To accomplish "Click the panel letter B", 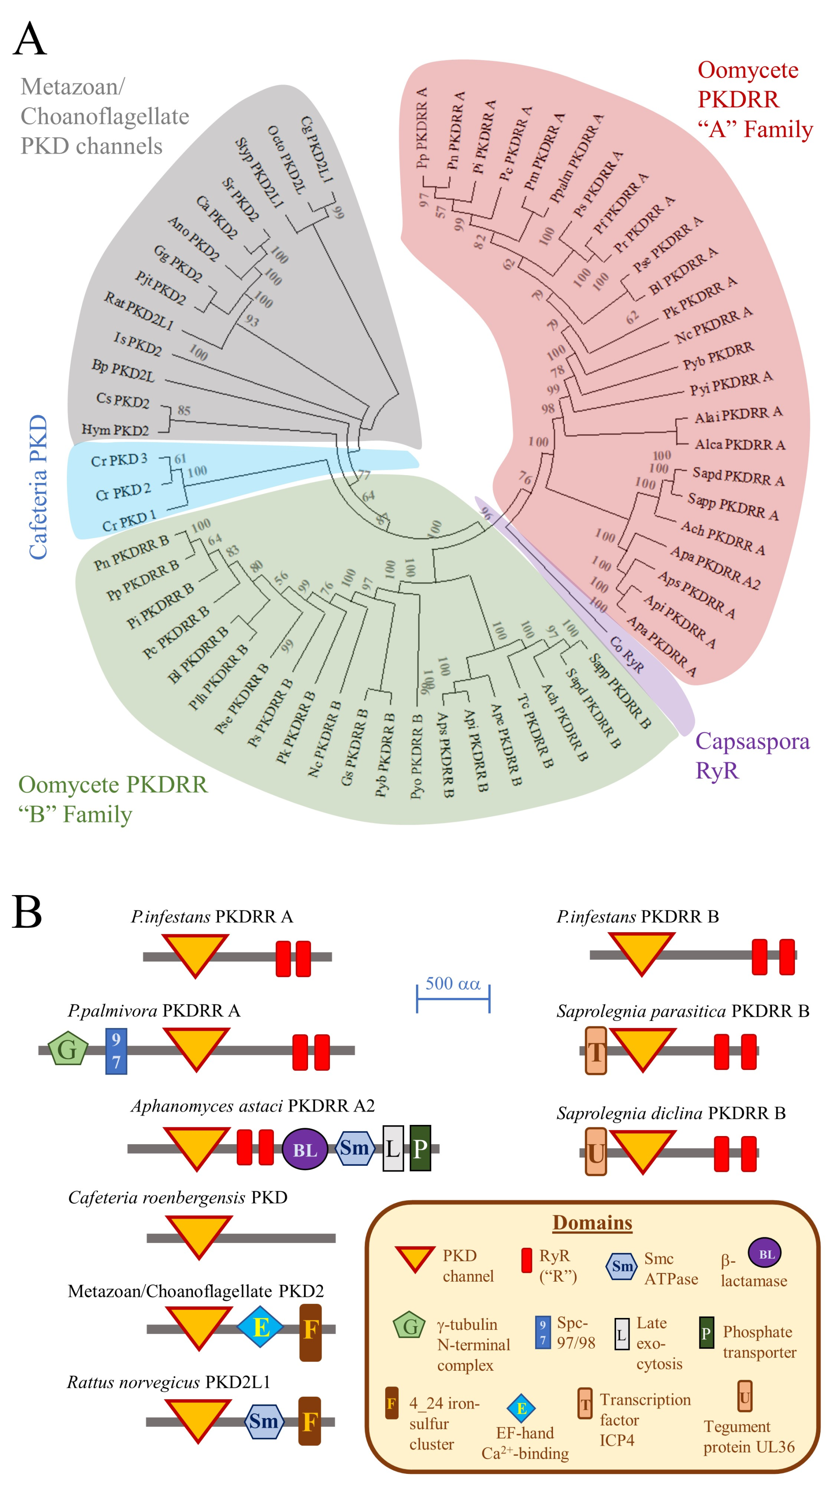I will click(27, 912).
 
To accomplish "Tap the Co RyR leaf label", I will click(626, 654).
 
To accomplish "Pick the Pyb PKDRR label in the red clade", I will click(718, 355).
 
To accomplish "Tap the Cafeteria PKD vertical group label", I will click(38, 487).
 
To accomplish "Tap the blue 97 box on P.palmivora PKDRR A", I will click(116, 1051).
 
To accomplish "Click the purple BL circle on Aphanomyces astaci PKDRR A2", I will click(305, 1148).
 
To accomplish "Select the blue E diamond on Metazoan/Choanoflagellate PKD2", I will click(261, 1327).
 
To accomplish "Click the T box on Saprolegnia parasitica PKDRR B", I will click(596, 1050).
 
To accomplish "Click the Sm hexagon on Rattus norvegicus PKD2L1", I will click(263, 1421).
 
